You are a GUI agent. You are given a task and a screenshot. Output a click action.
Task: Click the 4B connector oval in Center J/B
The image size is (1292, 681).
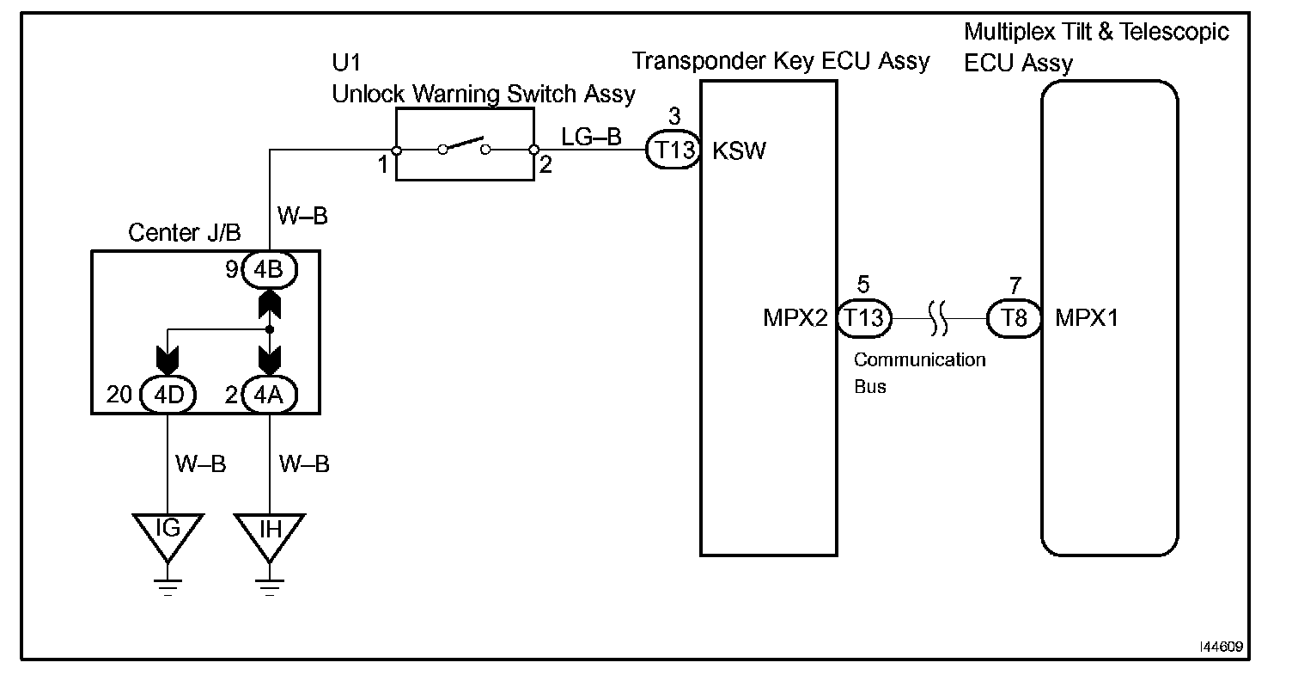tap(270, 270)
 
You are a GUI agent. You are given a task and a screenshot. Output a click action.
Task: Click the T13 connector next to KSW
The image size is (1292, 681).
tap(674, 151)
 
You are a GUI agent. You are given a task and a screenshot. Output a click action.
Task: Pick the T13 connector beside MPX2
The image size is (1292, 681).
tap(863, 318)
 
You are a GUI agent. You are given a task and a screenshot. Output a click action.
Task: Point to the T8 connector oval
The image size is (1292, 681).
tap(1015, 318)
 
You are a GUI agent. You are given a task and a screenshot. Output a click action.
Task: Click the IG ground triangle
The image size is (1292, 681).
tap(168, 530)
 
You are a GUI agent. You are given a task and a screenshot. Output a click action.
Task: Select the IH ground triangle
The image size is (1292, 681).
tap(270, 530)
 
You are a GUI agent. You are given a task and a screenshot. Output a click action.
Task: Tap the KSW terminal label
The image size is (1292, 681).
tap(740, 152)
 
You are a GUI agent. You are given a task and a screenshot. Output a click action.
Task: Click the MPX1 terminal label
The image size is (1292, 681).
tap(1087, 318)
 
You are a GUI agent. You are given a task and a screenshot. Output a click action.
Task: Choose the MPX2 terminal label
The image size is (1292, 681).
tap(795, 318)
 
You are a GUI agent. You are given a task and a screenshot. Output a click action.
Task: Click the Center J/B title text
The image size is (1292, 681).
tap(184, 232)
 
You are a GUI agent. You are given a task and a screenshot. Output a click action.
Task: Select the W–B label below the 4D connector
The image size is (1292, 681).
tap(201, 464)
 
